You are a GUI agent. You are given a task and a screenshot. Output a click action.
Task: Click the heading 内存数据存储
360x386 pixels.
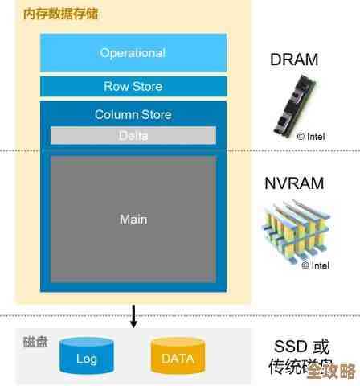tap(55, 14)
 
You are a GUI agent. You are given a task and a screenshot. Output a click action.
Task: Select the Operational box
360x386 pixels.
tap(133, 53)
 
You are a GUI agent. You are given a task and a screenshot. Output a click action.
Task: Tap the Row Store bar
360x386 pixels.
tap(133, 87)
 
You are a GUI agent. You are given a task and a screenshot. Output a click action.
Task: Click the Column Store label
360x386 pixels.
tap(133, 114)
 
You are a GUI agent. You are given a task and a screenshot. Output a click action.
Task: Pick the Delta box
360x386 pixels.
tap(133, 135)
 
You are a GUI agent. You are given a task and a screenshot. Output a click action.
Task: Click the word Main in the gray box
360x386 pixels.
tap(133, 219)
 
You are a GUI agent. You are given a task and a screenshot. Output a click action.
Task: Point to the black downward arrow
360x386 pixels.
tap(133, 316)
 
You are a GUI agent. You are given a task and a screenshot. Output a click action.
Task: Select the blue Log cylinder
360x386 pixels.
tap(87, 356)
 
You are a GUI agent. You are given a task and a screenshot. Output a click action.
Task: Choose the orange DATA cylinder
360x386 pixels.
tap(178, 356)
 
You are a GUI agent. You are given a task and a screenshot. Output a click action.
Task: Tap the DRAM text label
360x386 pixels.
tap(293, 60)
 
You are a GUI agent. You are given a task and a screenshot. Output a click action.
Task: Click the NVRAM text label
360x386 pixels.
tap(294, 183)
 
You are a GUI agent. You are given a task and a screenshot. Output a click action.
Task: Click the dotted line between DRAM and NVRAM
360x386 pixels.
tap(305, 150)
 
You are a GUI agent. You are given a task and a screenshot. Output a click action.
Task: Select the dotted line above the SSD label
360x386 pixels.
tap(305, 315)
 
